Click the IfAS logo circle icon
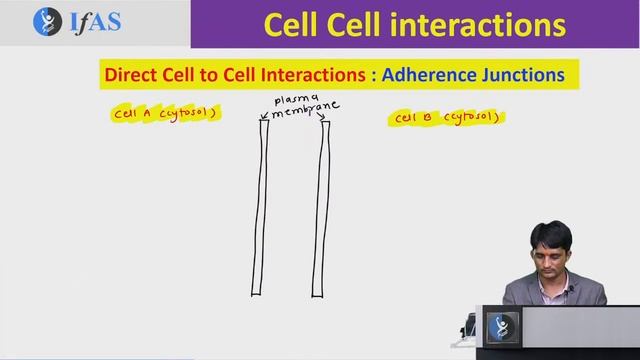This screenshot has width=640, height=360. coord(47,22)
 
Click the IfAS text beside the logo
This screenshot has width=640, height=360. coord(92,22)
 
